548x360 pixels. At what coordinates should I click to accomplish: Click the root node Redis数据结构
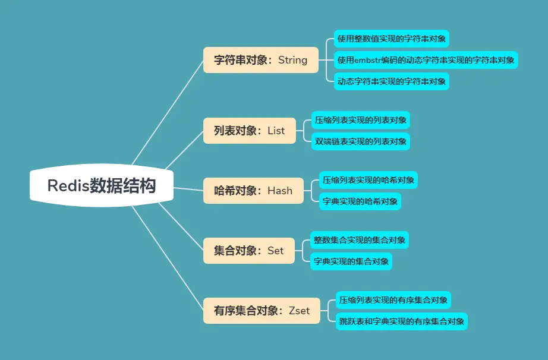point(102,186)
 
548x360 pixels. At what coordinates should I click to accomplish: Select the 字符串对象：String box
point(261,60)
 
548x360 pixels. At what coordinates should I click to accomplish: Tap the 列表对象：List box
point(250,131)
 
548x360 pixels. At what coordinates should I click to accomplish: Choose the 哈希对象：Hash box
point(253,191)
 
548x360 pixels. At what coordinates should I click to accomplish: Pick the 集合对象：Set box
point(249,251)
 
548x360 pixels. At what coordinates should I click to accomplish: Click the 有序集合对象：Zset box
point(262,311)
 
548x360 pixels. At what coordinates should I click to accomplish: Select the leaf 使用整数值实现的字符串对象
point(391,39)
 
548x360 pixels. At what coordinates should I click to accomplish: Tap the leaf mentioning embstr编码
point(426,60)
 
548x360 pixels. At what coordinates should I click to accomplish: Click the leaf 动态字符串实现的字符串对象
point(391,81)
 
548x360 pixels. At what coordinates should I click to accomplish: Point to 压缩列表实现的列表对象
point(361,120)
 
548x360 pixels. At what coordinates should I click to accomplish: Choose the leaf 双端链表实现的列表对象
point(361,141)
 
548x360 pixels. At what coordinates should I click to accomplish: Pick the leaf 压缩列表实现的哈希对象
point(369,180)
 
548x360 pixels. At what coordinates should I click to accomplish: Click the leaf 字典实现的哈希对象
point(360,201)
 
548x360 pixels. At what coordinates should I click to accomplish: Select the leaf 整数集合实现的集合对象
point(360,240)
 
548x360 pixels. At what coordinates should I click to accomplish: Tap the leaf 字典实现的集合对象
point(351,261)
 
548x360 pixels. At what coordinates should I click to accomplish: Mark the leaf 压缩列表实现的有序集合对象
point(393,300)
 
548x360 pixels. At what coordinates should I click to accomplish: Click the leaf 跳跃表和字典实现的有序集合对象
point(401,321)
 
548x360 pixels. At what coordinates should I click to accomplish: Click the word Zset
point(299,311)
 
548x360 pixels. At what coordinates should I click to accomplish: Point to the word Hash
point(280,191)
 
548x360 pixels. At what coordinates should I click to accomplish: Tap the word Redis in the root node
point(68,186)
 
